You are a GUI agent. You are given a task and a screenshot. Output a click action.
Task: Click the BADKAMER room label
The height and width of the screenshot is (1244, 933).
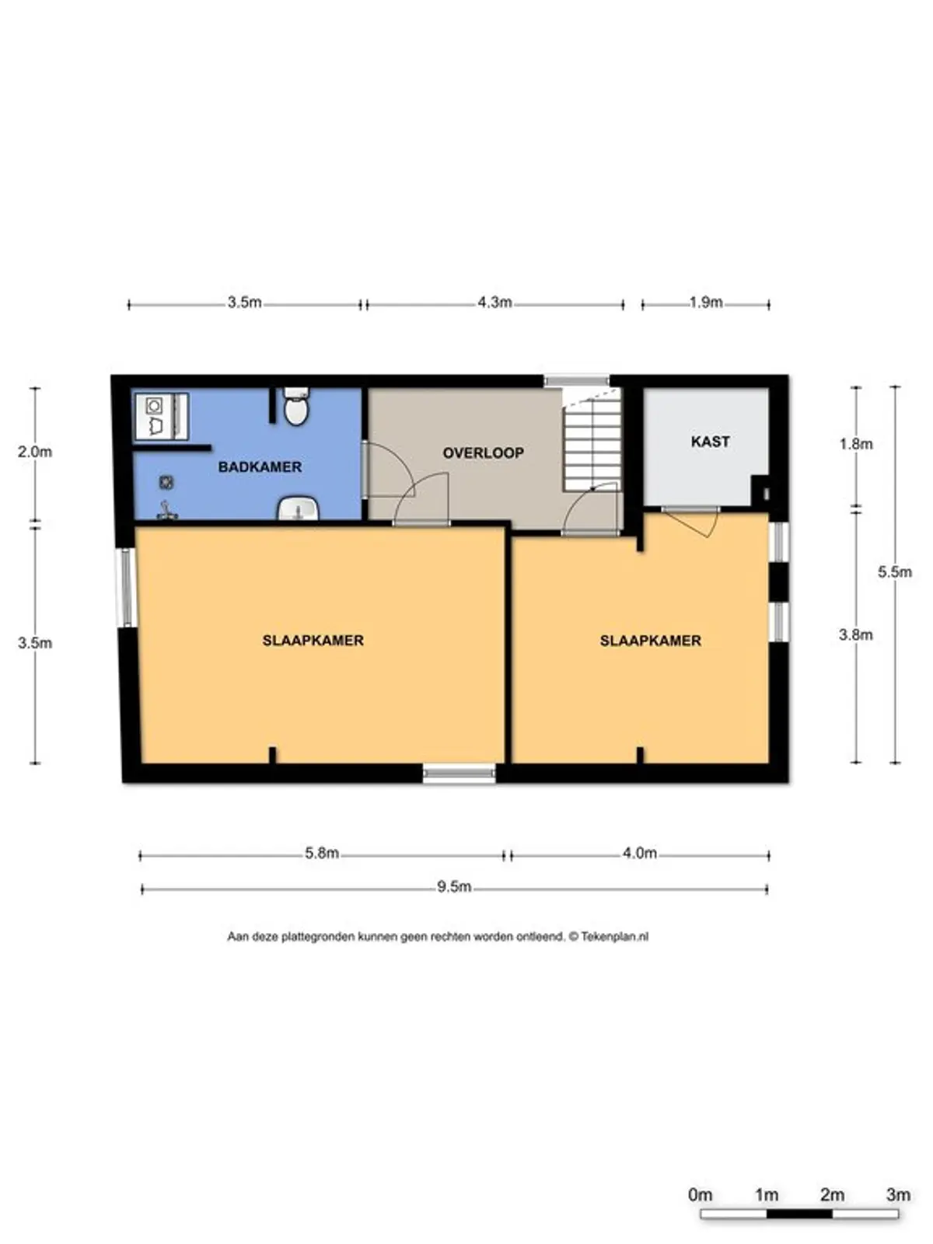260,467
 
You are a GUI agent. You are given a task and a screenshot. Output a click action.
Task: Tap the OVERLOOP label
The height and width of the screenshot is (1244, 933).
483,453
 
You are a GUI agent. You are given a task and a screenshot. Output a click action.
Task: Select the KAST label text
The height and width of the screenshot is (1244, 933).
711,442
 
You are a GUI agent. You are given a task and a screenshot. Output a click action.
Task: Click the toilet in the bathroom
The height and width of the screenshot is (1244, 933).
295,407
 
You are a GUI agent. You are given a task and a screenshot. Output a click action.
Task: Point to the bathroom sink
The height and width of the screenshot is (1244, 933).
298,508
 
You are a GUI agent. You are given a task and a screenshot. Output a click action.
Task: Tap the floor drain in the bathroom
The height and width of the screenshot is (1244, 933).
166,482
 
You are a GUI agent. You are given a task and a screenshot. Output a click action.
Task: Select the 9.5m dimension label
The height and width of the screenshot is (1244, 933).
454,886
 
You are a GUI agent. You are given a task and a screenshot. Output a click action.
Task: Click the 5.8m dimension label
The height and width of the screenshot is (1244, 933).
322,853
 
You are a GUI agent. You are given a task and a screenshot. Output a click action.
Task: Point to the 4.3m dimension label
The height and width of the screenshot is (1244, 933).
494,302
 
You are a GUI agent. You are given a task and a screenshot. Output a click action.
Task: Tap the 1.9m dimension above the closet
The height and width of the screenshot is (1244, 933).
706,302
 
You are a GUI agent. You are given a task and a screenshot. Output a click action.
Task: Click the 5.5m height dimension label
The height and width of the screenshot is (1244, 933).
895,571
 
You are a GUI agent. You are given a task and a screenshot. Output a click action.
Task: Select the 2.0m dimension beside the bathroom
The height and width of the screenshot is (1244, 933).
34,452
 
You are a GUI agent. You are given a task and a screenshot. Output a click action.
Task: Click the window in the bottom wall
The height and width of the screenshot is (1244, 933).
460,773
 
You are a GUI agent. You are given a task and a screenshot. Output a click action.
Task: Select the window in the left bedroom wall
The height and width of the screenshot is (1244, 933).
126,588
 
